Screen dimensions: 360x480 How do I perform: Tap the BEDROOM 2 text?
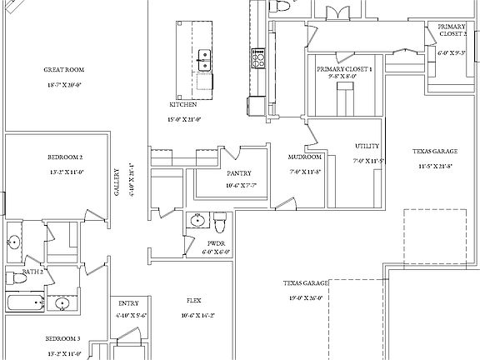(x=64, y=157)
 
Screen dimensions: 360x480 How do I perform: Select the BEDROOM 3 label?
(x=62, y=339)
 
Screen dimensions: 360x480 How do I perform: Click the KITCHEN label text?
(x=184, y=105)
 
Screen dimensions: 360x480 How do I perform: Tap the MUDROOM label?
(x=305, y=157)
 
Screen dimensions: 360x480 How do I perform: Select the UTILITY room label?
(x=367, y=146)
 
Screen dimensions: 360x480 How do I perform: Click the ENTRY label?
(x=128, y=303)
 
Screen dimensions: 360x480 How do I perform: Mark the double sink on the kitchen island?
(x=203, y=59)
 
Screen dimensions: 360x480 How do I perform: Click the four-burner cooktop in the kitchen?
(x=257, y=58)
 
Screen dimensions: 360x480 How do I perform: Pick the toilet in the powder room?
(x=220, y=222)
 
